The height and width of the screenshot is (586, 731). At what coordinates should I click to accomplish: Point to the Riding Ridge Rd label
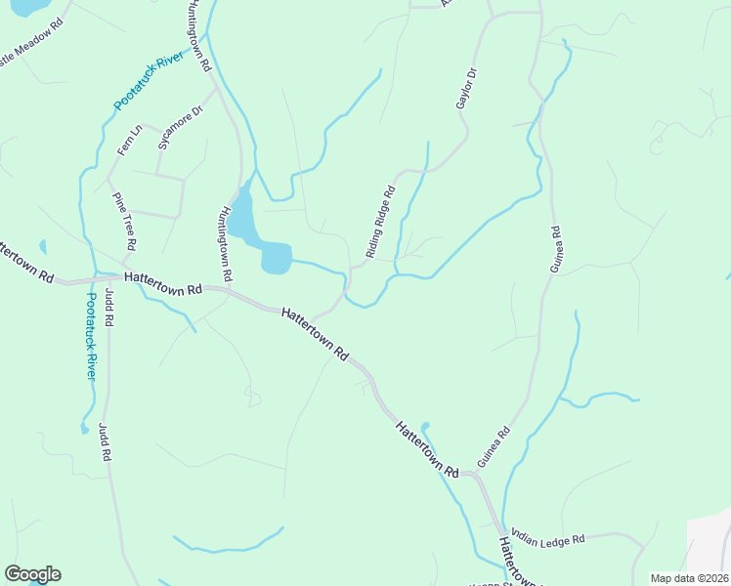pyautogui.click(x=379, y=222)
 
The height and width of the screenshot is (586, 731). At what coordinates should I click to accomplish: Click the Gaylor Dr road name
pyautogui.click(x=465, y=89)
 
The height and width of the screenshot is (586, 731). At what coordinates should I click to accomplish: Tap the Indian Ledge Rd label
pyautogui.click(x=547, y=539)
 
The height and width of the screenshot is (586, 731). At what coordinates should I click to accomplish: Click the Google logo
pyautogui.click(x=32, y=574)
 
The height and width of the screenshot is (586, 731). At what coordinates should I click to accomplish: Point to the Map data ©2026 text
pyautogui.click(x=689, y=578)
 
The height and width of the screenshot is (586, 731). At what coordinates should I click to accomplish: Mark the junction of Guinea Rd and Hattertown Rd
pyautogui.click(x=476, y=475)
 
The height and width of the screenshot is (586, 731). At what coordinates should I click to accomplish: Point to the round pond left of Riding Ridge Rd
pyautogui.click(x=277, y=259)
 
